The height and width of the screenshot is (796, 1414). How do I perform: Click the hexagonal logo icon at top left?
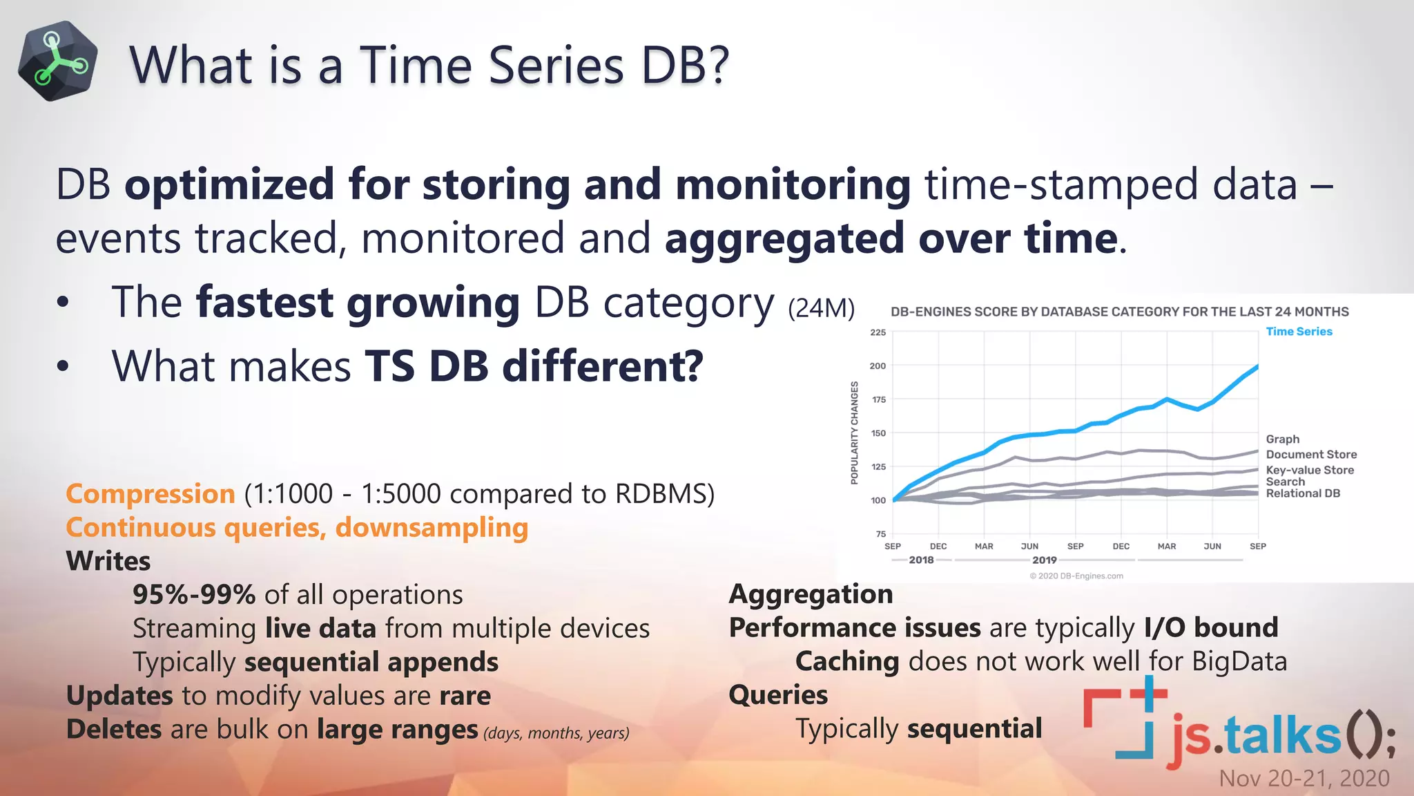(58, 61)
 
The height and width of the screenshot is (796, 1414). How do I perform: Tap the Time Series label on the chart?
(1299, 332)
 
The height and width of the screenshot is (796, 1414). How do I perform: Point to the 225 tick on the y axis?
(878, 332)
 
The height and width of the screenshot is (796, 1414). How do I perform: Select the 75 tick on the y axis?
(880, 534)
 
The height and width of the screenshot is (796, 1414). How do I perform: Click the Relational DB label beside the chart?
(1303, 493)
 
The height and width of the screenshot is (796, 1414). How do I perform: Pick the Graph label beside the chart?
(1283, 439)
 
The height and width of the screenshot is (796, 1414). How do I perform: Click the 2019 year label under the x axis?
(1044, 560)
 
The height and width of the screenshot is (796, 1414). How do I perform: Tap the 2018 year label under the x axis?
(921, 560)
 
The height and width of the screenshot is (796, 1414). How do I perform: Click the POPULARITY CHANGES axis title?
(855, 433)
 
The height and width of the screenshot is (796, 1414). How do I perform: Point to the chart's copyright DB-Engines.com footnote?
(1076, 576)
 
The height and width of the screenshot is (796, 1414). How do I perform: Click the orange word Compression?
(151, 494)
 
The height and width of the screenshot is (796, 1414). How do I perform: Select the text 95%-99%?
(194, 595)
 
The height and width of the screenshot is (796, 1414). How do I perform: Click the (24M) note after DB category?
(821, 308)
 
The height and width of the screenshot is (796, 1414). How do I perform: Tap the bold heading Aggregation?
(811, 594)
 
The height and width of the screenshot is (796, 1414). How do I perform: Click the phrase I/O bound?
(1211, 628)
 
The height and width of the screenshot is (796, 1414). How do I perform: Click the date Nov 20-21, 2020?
(1304, 779)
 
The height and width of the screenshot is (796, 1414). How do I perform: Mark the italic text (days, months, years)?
(556, 733)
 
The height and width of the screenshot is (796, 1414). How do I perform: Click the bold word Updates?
(119, 696)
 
